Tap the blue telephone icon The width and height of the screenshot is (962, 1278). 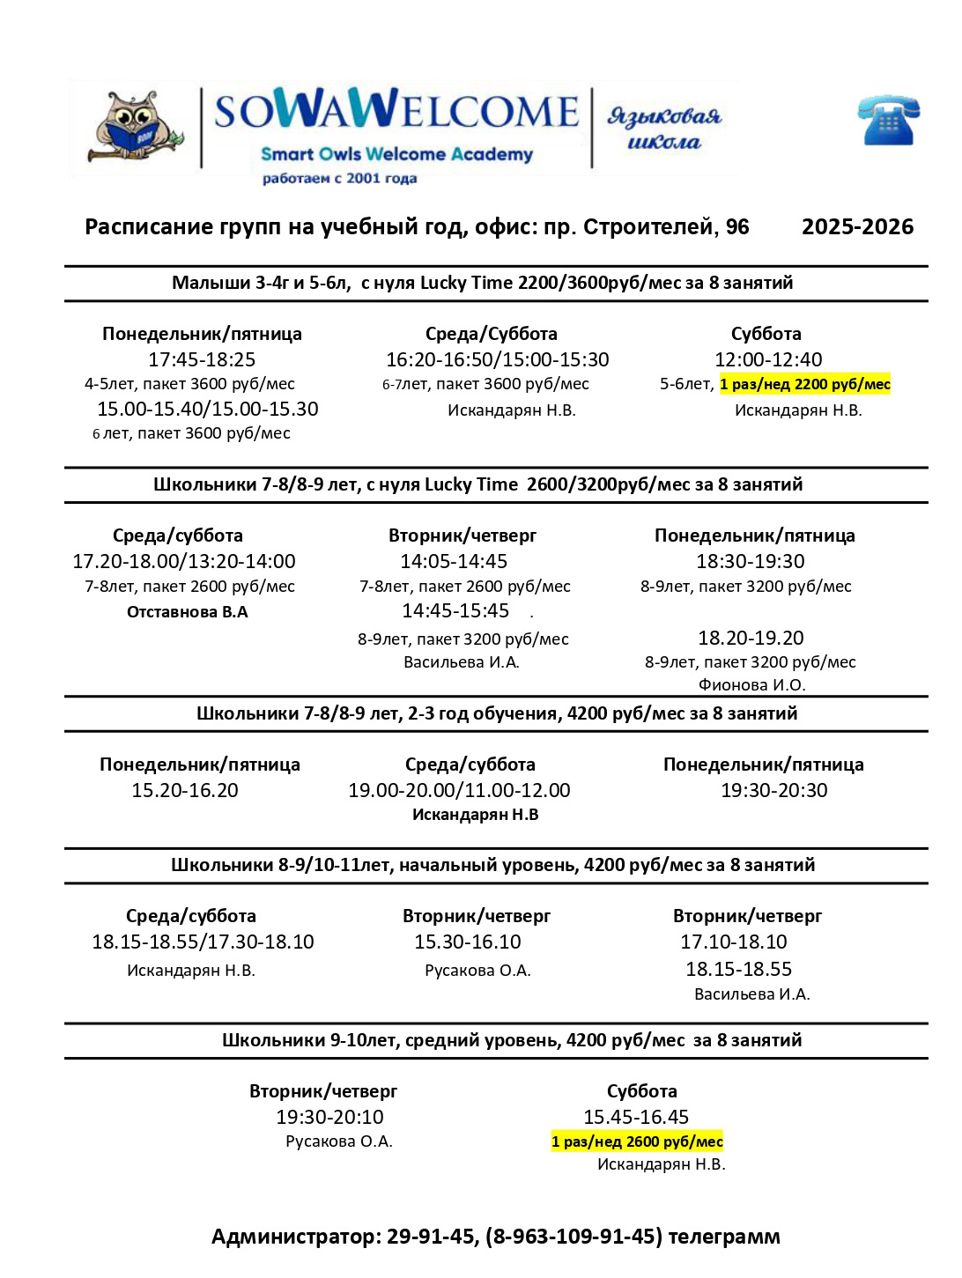click(888, 121)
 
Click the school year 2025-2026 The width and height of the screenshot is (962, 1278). click(857, 227)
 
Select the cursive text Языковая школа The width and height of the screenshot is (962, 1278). click(663, 129)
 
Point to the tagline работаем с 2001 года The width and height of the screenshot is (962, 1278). click(339, 179)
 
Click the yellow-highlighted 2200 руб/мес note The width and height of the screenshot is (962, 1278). click(805, 384)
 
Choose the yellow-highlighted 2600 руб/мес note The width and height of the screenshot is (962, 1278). click(637, 1141)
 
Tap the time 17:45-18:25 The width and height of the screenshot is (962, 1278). click(202, 359)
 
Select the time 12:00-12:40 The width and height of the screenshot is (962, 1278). click(768, 359)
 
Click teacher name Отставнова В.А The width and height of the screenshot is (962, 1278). click(188, 612)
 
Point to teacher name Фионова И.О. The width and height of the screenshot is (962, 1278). click(751, 684)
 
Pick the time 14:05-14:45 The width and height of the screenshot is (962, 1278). click(454, 561)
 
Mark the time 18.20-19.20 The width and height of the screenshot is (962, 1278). click(751, 638)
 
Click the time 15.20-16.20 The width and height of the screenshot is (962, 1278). click(185, 790)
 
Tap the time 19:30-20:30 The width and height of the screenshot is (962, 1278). click(774, 790)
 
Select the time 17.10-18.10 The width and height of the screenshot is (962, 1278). click(734, 942)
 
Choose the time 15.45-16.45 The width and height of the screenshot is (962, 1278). click(636, 1117)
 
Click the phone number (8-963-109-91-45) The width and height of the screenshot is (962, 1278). click(573, 1237)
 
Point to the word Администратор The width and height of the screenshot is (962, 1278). click(294, 1237)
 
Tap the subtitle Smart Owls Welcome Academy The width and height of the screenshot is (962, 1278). click(396, 154)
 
